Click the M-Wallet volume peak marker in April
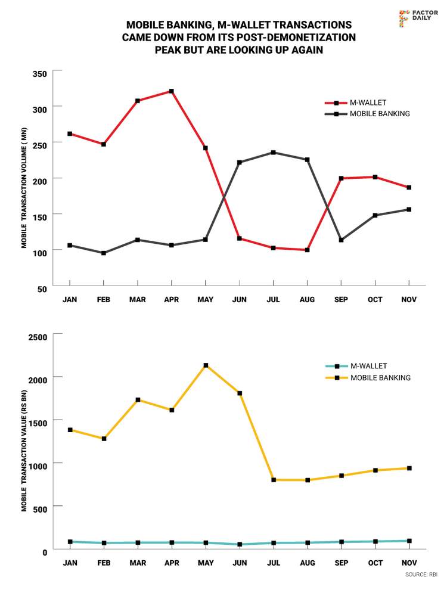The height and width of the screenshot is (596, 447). click(x=172, y=91)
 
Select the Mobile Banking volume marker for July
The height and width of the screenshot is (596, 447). click(x=274, y=153)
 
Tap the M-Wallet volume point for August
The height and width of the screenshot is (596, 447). click(x=308, y=250)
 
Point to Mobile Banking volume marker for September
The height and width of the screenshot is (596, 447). click(x=342, y=240)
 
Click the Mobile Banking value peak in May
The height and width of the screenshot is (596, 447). click(x=206, y=365)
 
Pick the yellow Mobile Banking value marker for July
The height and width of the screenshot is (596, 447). click(x=274, y=480)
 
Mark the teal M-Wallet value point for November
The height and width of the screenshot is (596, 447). click(x=409, y=541)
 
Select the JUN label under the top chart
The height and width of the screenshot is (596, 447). click(x=240, y=299)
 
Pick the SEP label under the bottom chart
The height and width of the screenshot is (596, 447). click(x=342, y=563)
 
